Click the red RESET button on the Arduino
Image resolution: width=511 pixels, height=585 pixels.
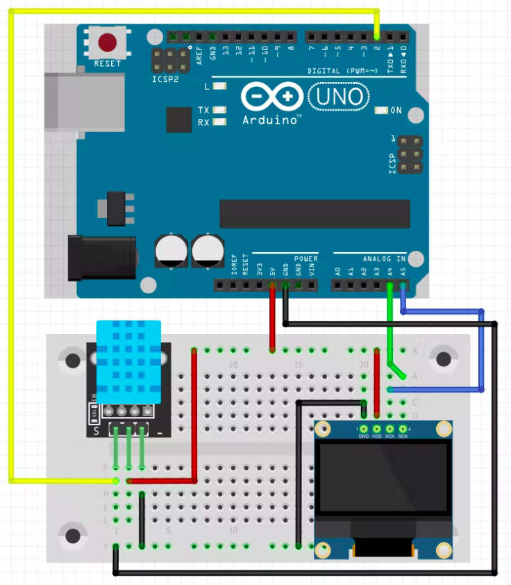[108, 43]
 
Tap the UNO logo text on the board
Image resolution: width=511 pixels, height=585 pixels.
[340, 96]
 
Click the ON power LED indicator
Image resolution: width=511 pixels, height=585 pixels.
[381, 110]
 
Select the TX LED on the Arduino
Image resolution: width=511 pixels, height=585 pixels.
[220, 110]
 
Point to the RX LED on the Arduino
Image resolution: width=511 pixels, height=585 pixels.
[220, 122]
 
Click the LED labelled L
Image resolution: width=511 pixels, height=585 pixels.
[220, 86]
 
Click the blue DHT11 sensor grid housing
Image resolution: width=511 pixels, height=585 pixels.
[128, 361]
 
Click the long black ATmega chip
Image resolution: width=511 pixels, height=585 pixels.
[312, 213]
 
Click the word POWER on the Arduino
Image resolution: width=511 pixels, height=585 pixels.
[305, 258]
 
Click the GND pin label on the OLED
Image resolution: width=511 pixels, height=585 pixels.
[363, 436]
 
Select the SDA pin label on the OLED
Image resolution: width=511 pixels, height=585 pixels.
[403, 436]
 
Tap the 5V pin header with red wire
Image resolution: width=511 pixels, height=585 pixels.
[271, 285]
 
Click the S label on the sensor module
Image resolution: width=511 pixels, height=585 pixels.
[96, 431]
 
